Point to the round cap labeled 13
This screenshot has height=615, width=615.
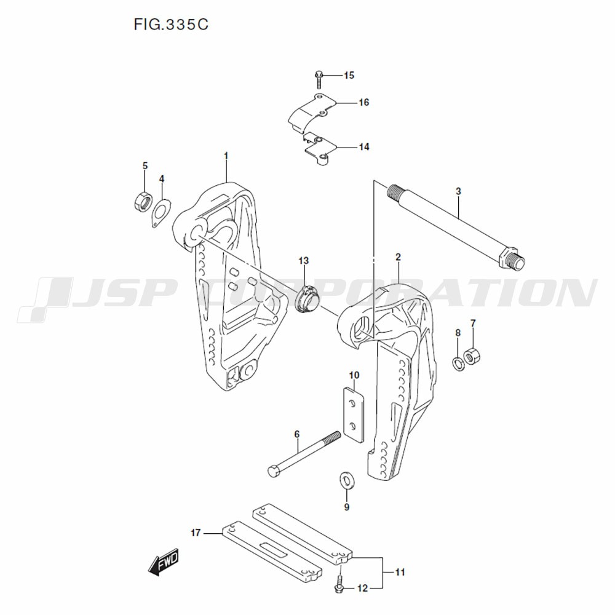click(307, 298)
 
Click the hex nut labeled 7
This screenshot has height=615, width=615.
click(474, 356)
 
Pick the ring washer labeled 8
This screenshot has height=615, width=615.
click(458, 363)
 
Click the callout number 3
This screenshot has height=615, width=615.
click(458, 192)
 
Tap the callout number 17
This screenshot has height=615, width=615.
click(196, 533)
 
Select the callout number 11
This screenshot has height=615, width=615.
click(400, 573)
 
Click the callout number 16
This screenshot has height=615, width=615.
click(364, 102)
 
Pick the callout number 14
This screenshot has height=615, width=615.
click(364, 147)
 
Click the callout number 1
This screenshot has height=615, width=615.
click(226, 156)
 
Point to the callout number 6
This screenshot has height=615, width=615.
click(296, 434)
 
